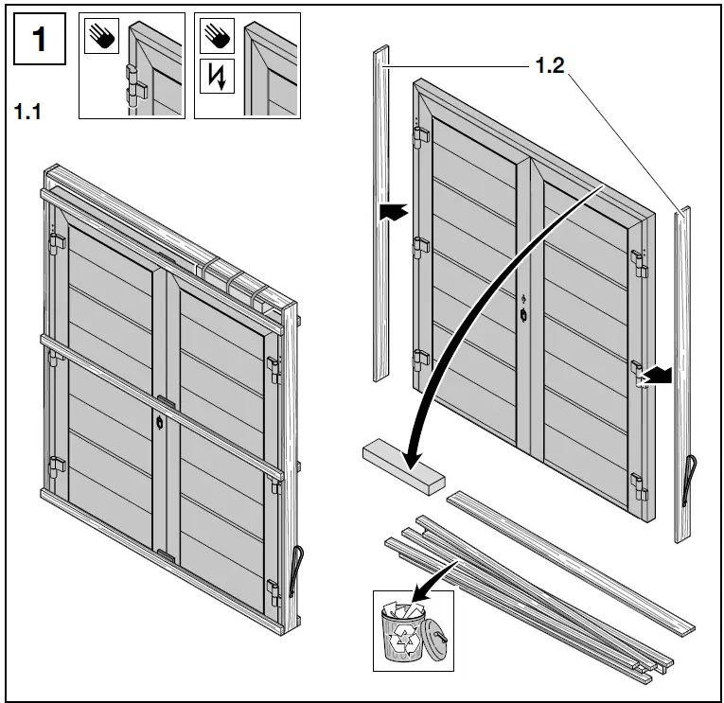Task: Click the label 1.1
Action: (x=28, y=112)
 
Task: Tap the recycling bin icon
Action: (x=407, y=629)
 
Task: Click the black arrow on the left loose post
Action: (x=392, y=213)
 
